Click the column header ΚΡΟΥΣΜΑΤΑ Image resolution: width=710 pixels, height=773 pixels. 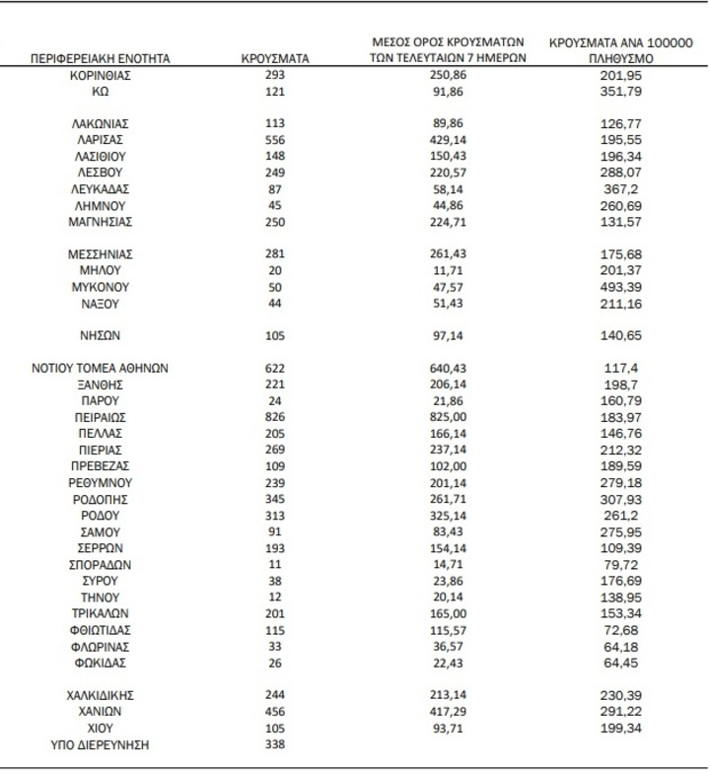[x=275, y=59]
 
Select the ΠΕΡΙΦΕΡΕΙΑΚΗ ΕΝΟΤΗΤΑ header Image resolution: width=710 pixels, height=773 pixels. [x=102, y=59]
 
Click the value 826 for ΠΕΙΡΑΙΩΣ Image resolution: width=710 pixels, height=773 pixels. [x=275, y=417]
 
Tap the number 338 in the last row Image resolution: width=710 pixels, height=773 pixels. [x=275, y=744]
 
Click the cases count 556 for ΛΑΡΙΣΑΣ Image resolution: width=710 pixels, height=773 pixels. [x=275, y=140]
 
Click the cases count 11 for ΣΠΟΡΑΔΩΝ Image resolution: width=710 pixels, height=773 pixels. [x=275, y=564]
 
